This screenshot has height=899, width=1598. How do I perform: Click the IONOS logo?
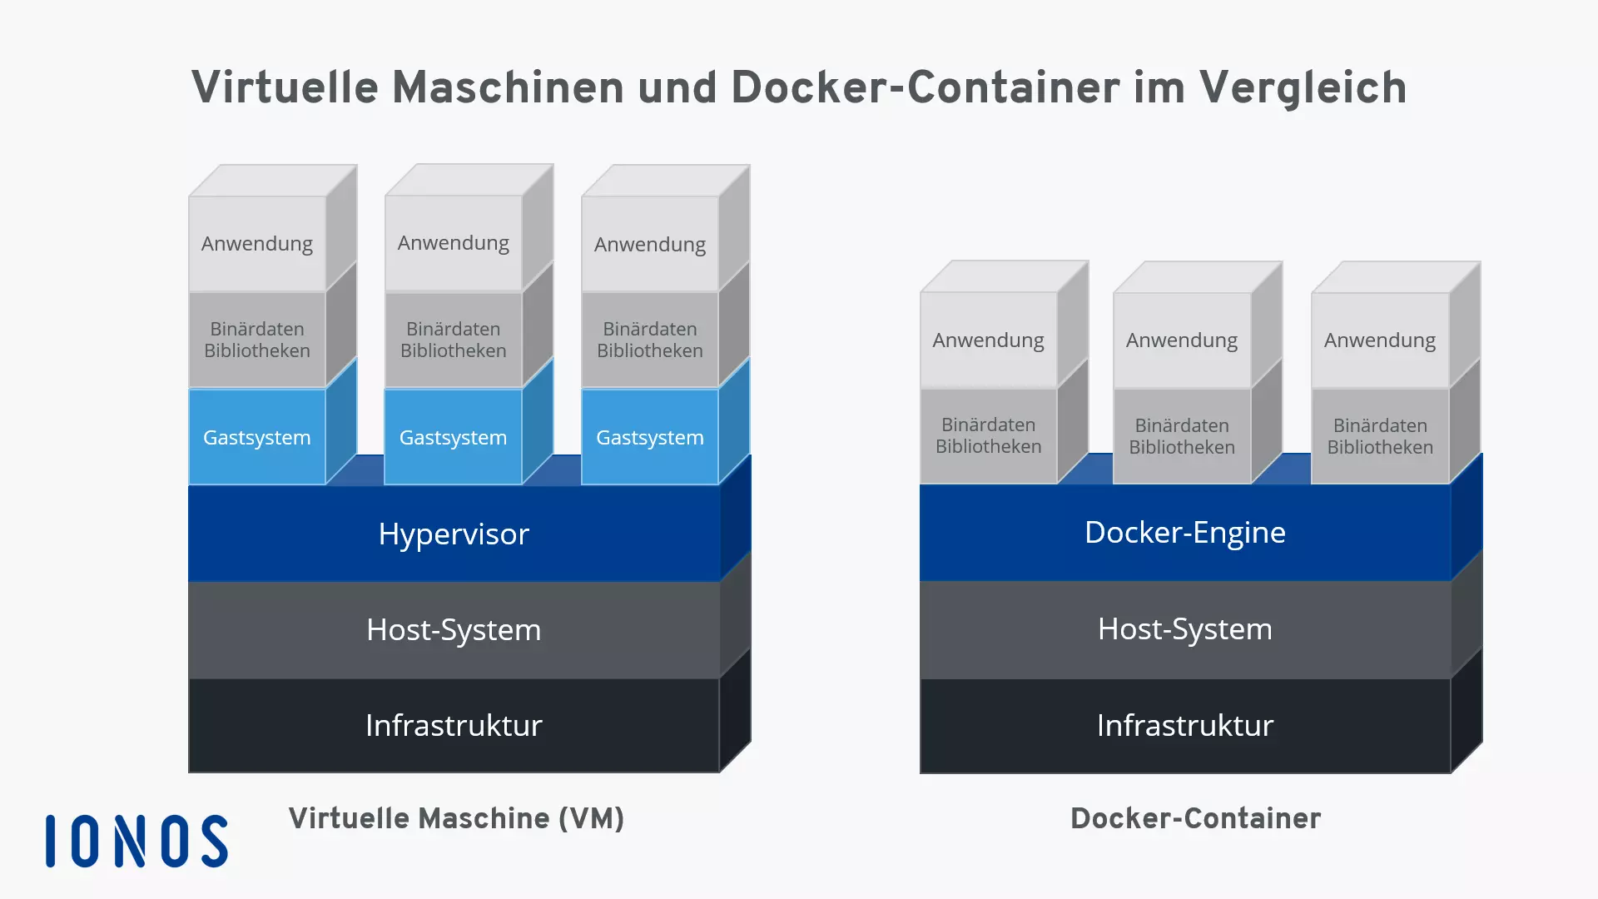tap(136, 841)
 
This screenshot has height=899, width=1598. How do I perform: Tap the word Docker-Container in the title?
tap(925, 88)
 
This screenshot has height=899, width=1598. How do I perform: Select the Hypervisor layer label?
tap(454, 534)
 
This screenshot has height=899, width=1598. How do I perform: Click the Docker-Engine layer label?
tap(1184, 532)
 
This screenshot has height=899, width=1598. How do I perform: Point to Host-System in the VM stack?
tap(454, 629)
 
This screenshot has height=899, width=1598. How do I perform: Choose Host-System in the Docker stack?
tap(1184, 628)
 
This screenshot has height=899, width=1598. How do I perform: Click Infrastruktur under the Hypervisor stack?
tap(454, 725)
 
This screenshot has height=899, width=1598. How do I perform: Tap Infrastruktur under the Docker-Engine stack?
tap(1184, 725)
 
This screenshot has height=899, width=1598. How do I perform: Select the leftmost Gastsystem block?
tap(256, 437)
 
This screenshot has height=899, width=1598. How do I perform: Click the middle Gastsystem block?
tap(453, 437)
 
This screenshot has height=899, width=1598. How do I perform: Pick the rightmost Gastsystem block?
tap(649, 437)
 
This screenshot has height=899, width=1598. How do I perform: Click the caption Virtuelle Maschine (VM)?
tap(456, 818)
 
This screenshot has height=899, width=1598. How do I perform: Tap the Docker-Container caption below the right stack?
tap(1195, 818)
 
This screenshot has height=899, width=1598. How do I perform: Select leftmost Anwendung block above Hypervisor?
tap(256, 244)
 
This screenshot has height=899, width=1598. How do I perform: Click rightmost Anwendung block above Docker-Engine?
tap(1379, 340)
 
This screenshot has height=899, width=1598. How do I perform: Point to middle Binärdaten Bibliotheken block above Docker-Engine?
tap(1181, 436)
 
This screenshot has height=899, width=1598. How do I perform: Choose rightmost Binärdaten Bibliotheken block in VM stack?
tap(649, 340)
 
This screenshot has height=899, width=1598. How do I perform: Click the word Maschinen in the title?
tap(508, 88)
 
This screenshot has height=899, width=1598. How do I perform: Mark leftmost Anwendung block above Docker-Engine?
tap(988, 340)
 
